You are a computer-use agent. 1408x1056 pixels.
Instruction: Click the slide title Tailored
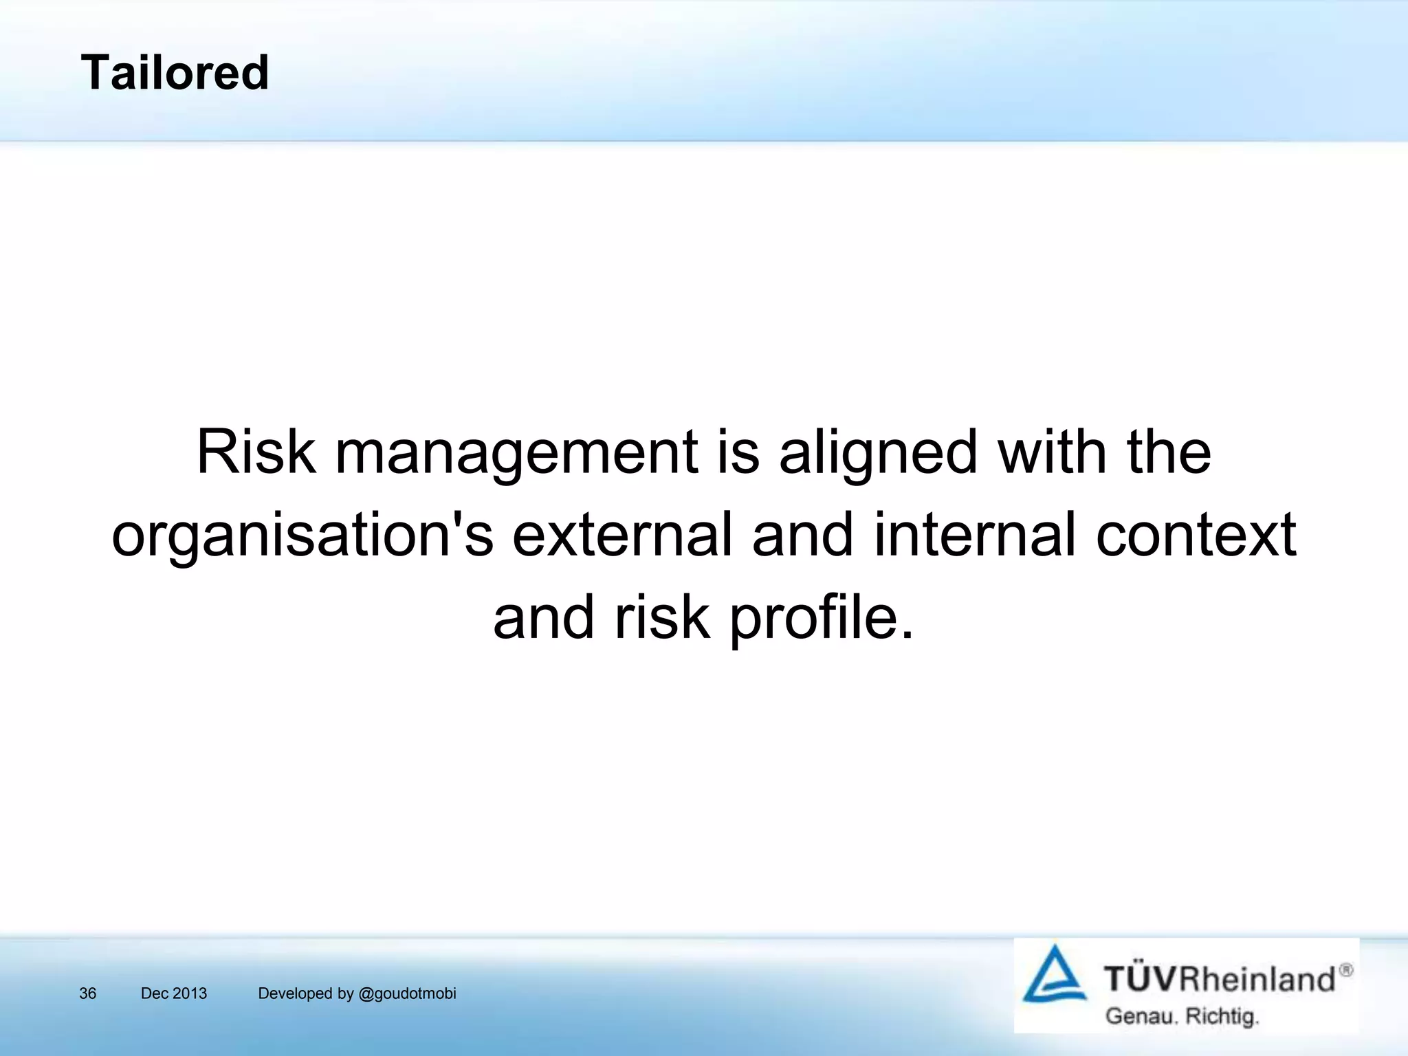tap(175, 72)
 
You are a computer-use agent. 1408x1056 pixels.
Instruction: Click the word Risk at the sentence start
tap(256, 452)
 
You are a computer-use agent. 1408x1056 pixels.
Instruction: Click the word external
tap(621, 535)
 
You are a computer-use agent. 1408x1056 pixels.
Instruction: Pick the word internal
tap(974, 535)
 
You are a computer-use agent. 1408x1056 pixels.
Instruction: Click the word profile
tap(822, 618)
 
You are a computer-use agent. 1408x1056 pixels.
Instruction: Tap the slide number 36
tap(88, 993)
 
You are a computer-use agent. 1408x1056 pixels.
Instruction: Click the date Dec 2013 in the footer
tap(173, 993)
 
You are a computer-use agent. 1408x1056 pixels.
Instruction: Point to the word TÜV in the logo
tap(1141, 978)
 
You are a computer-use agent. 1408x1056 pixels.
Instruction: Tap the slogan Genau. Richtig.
tap(1182, 1016)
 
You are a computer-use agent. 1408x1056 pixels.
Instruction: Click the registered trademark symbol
tap(1346, 970)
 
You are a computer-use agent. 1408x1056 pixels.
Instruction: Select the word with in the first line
tap(1052, 452)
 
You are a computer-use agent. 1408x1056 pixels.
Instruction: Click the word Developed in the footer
tap(295, 993)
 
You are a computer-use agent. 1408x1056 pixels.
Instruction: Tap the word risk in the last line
tap(661, 617)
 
